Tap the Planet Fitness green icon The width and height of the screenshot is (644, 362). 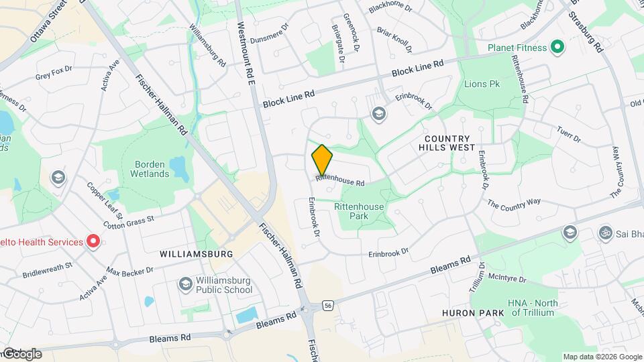(556, 47)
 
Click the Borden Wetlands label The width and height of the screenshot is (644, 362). (152, 169)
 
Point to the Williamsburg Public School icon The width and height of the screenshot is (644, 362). (184, 284)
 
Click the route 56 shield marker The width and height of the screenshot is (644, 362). (328, 304)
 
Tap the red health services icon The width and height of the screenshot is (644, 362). (94, 241)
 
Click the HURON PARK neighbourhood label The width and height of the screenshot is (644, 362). (468, 313)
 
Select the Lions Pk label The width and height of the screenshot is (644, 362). (482, 84)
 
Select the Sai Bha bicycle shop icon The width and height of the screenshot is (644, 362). (605, 233)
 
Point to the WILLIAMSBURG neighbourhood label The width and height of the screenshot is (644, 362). (197, 254)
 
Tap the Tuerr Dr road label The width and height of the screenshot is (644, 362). (568, 134)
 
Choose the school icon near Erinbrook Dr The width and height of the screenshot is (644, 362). (378, 113)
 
